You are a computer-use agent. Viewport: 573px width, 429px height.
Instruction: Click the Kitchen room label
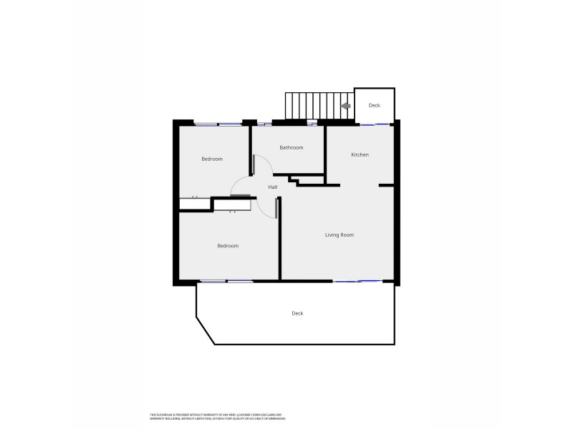(x=360, y=154)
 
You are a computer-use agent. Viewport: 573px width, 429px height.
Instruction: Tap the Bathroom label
(x=291, y=148)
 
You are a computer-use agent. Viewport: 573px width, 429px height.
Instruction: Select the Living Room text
(x=340, y=235)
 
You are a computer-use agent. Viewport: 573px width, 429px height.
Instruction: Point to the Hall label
(x=273, y=187)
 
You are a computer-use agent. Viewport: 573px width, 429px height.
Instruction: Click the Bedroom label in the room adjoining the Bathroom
(x=212, y=159)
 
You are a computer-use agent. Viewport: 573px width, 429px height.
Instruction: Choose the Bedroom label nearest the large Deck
(x=228, y=246)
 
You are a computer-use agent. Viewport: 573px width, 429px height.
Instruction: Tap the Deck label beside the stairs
(x=375, y=105)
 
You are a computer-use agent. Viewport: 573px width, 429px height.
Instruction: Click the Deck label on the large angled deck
(x=297, y=313)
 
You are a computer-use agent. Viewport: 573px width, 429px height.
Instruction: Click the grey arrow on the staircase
(x=345, y=106)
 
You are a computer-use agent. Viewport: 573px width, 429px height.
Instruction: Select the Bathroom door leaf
(x=254, y=165)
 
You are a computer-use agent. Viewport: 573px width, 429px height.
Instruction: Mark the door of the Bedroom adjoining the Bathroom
(x=240, y=194)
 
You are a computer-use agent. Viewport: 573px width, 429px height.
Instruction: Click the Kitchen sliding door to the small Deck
(x=375, y=124)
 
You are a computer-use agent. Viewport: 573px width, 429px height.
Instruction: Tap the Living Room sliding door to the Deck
(x=357, y=281)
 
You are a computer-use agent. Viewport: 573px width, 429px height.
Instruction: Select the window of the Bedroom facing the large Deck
(x=226, y=281)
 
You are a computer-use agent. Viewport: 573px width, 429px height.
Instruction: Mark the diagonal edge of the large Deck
(x=206, y=330)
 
